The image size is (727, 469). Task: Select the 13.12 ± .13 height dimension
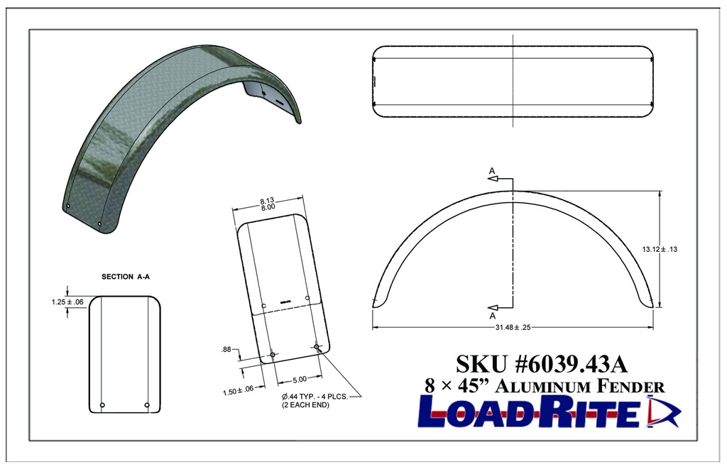[x=660, y=249]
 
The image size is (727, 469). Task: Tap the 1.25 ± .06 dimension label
[x=67, y=302]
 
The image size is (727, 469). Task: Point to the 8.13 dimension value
[x=267, y=199]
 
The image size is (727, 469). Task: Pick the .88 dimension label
[x=227, y=348]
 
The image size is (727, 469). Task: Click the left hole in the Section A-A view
[x=103, y=405]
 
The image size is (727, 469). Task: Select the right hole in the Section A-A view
[x=147, y=405]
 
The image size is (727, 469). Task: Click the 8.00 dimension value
[x=267, y=207]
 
